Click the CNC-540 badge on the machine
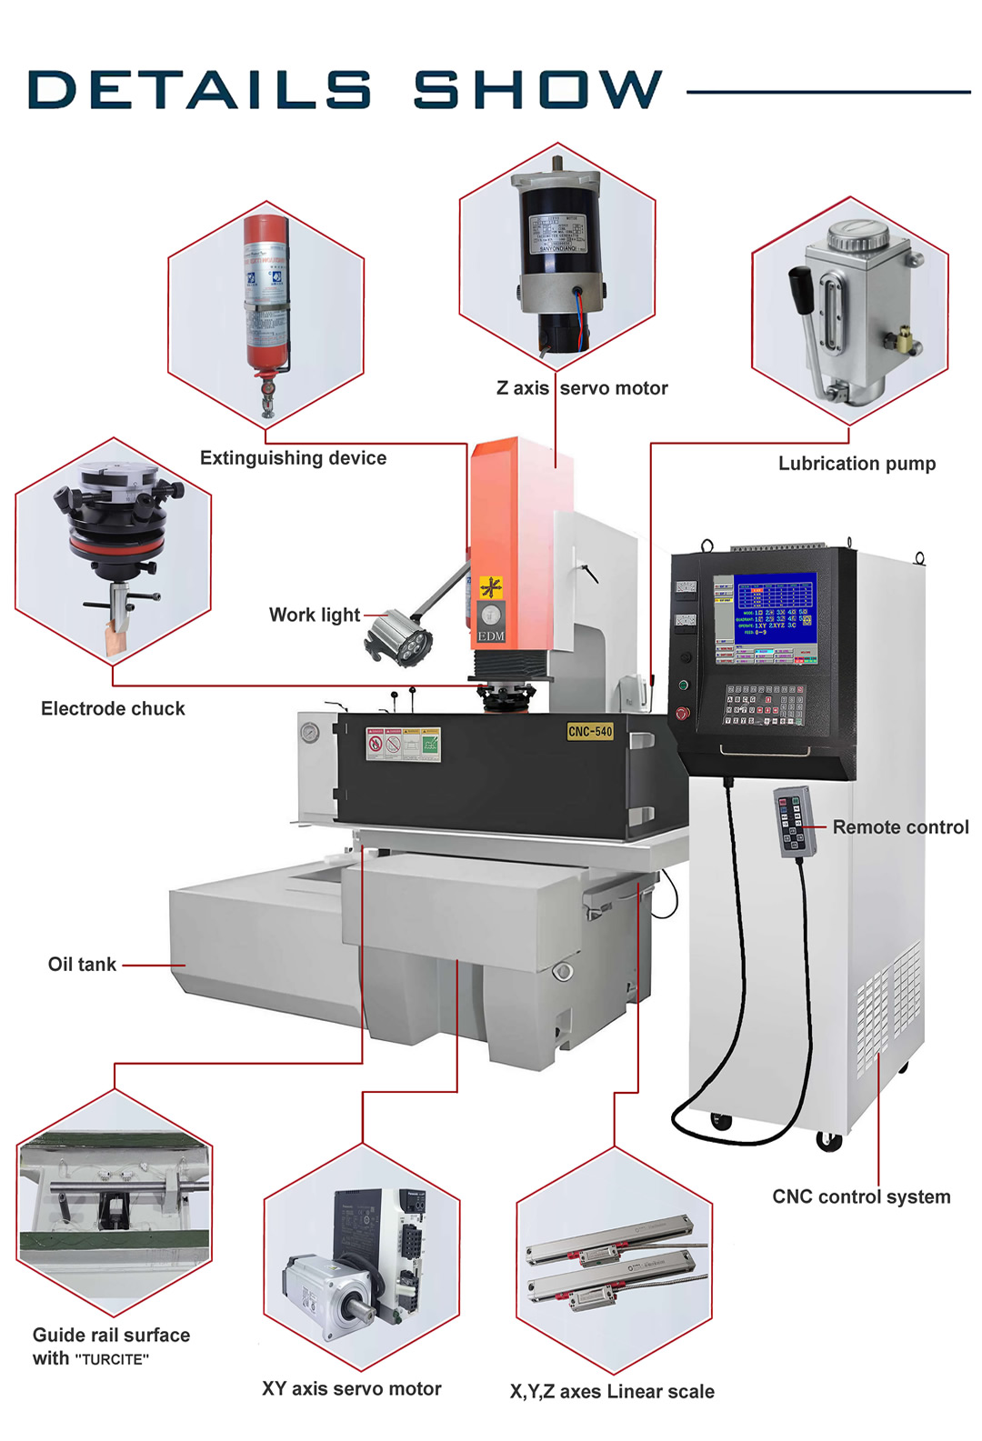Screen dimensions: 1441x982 pyautogui.click(x=590, y=731)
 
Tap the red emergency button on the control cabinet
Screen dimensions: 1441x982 pyautogui.click(x=682, y=714)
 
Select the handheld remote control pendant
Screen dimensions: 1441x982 pyautogui.click(x=793, y=822)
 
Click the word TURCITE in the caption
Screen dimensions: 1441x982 pyautogui.click(x=112, y=1359)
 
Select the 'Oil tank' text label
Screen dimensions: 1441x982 pyautogui.click(x=82, y=965)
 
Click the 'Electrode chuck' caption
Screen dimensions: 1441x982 pyautogui.click(x=113, y=709)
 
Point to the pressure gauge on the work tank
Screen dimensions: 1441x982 pyautogui.click(x=311, y=732)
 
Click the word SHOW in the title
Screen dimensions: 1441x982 pyautogui.click(x=537, y=90)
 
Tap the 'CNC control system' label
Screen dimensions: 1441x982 pyautogui.click(x=861, y=1196)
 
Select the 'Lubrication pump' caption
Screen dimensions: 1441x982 pyautogui.click(x=857, y=464)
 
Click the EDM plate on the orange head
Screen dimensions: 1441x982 pyautogui.click(x=491, y=635)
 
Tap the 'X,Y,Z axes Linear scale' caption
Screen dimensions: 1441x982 pyautogui.click(x=612, y=1392)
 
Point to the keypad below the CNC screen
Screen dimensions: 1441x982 pyautogui.click(x=764, y=704)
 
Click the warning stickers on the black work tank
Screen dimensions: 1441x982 pyautogui.click(x=403, y=744)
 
